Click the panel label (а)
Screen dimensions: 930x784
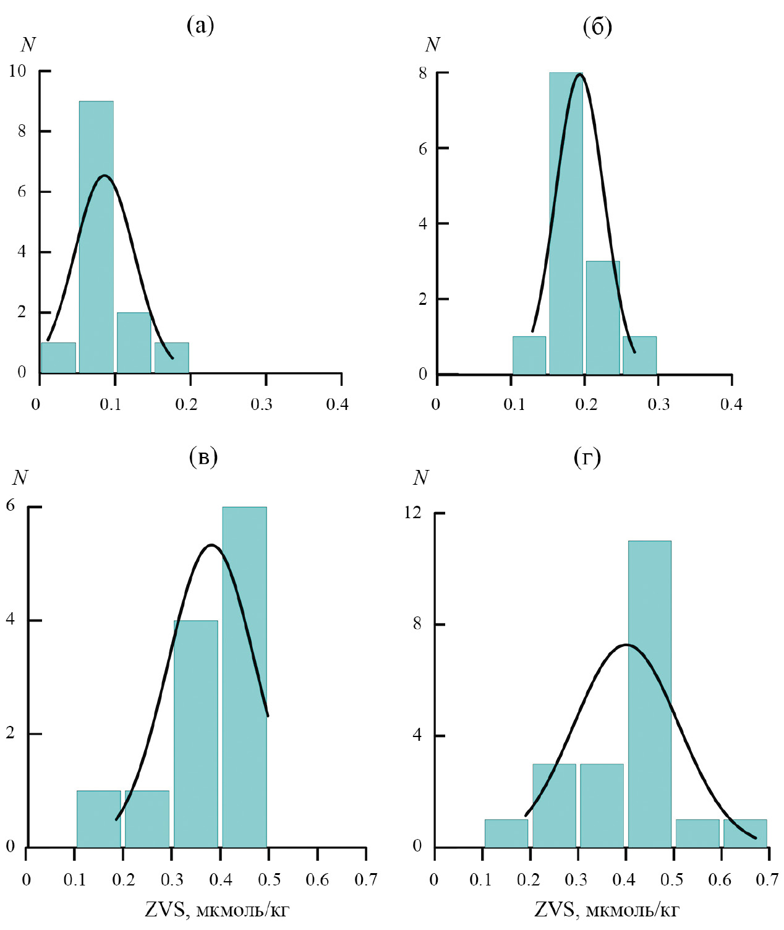[x=200, y=25]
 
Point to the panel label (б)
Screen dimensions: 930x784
[x=597, y=27]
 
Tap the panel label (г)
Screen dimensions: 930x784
[x=587, y=457]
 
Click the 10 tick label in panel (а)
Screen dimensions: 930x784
[x=17, y=71]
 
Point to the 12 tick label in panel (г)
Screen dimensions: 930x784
[x=412, y=513]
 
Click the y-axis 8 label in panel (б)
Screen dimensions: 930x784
[x=423, y=73]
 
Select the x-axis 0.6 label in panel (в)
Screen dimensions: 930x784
[x=317, y=879]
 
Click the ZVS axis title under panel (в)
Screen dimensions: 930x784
[x=217, y=910]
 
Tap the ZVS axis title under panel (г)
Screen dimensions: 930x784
[x=607, y=910]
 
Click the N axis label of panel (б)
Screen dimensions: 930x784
[x=432, y=45]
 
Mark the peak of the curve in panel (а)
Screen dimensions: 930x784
[x=104, y=176]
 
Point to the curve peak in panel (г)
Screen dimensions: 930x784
[x=626, y=645]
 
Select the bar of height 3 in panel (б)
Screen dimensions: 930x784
[x=602, y=318]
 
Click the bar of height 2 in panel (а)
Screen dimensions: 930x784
[x=134, y=343]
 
